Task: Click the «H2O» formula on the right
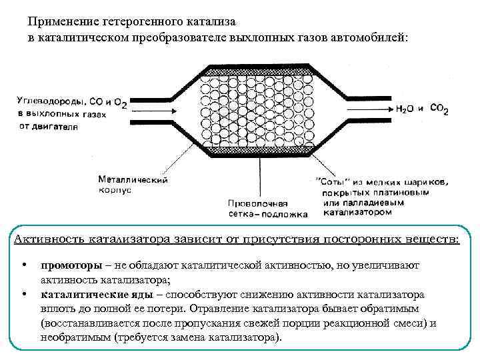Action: click(x=405, y=108)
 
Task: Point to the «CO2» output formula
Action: click(x=439, y=107)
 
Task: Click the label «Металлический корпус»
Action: click(x=133, y=185)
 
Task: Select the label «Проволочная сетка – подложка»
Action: click(x=267, y=209)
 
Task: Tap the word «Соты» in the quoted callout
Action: click(x=327, y=181)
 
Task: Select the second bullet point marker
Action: click(x=25, y=293)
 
